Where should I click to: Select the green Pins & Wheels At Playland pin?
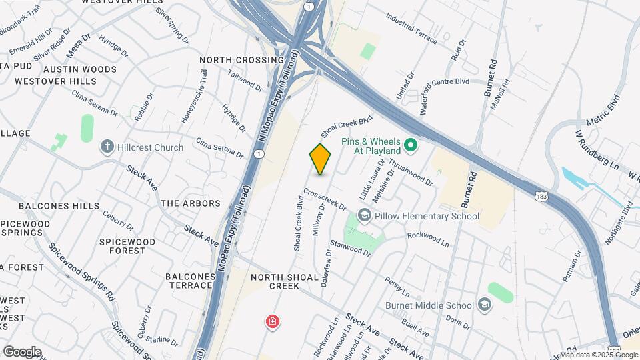click(411, 145)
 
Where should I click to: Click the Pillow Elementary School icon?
click(364, 215)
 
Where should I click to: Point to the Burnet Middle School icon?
click(485, 305)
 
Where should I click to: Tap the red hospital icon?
click(272, 323)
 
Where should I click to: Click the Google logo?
click(21, 351)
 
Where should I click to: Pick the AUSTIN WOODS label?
click(70, 69)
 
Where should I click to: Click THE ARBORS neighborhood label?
click(191, 203)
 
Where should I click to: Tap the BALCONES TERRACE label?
click(189, 281)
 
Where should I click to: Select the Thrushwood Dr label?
click(411, 172)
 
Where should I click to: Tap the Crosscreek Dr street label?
click(325, 199)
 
